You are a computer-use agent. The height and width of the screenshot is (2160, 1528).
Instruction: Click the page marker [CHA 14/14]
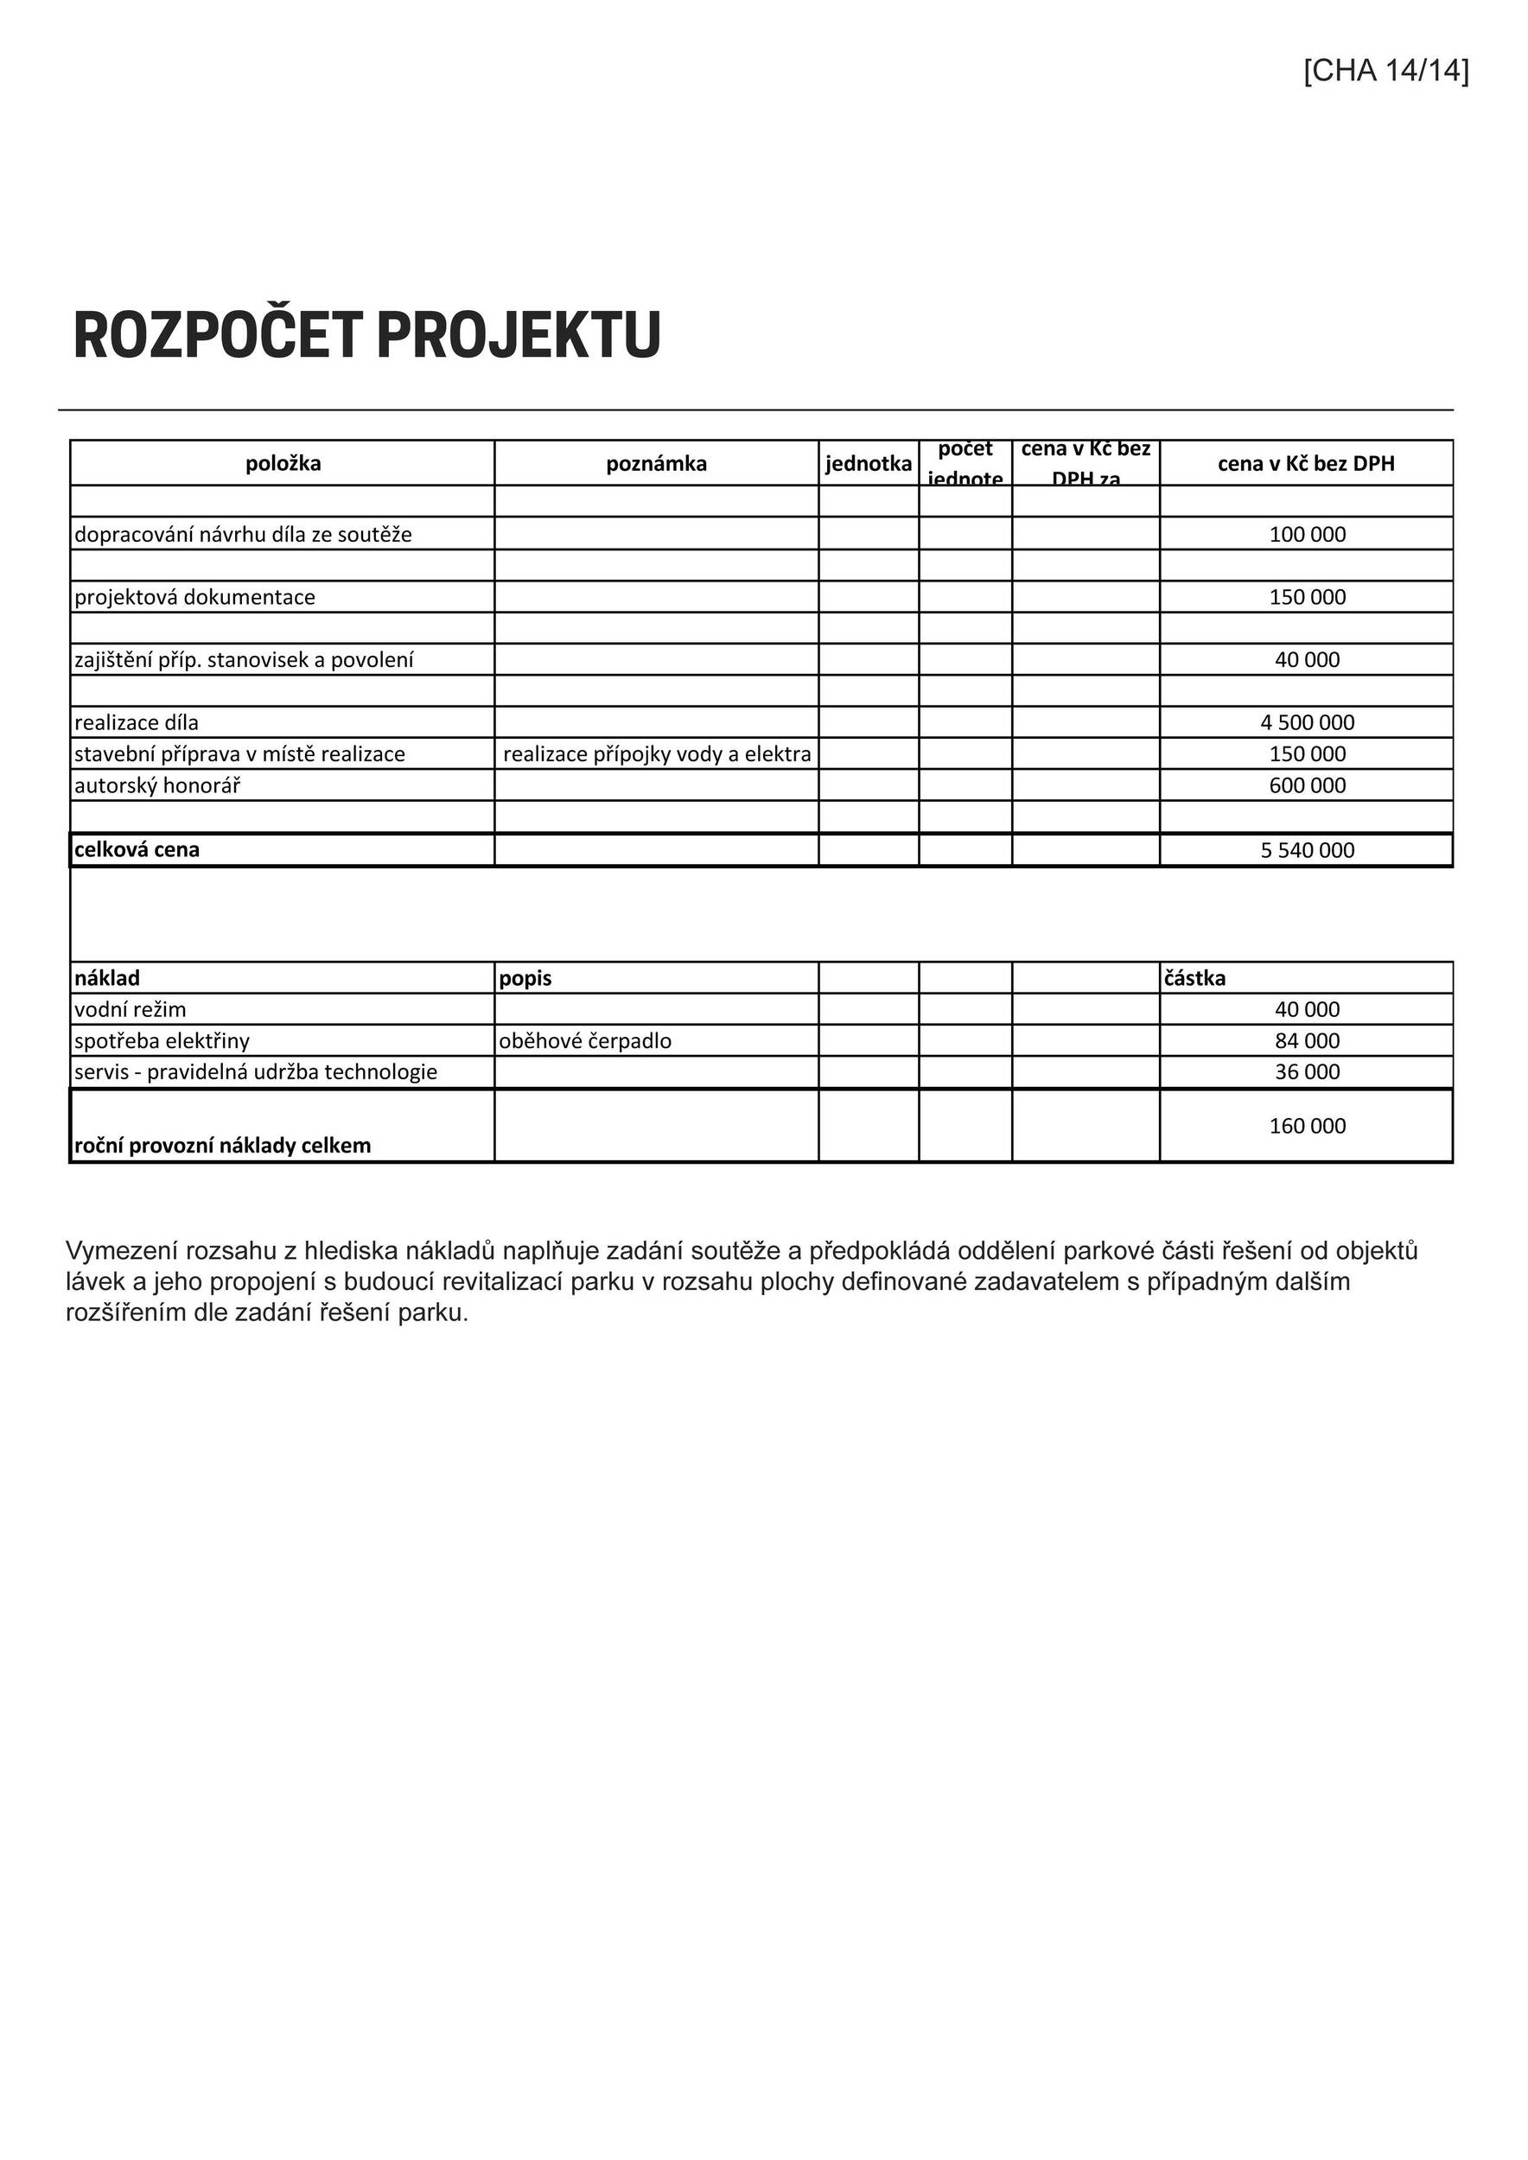pos(1385,72)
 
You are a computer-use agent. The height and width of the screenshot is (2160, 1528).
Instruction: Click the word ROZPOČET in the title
pos(217,335)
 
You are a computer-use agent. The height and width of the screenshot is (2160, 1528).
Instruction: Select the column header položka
pos(283,464)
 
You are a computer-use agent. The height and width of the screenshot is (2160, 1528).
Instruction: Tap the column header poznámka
pos(656,464)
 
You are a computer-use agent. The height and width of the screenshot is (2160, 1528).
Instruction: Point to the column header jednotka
pos(869,464)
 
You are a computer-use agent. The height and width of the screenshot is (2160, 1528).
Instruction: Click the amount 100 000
pos(1307,534)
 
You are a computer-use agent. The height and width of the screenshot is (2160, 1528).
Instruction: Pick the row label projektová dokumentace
pos(194,597)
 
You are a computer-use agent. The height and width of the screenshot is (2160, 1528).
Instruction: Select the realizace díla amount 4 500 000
pos(1307,722)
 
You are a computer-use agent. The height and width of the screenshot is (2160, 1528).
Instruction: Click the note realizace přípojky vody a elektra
pos(657,753)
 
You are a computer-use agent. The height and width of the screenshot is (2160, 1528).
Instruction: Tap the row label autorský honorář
pos(157,785)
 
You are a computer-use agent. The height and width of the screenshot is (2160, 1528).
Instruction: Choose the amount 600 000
pos(1307,785)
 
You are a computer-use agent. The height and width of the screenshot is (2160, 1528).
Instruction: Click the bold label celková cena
pos(137,849)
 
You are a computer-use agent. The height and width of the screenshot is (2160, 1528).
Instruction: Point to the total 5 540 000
pos(1307,850)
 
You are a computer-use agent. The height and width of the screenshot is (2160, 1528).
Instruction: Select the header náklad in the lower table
pos(107,978)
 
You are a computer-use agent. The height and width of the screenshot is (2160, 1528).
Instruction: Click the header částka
pos(1195,978)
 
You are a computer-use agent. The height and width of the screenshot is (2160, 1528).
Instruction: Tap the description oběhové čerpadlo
pos(585,1041)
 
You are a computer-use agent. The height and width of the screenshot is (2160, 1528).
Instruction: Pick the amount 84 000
pos(1307,1041)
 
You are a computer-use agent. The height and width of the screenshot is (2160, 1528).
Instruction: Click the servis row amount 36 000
pos(1307,1072)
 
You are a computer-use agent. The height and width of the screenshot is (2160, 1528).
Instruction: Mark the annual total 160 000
pos(1307,1126)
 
